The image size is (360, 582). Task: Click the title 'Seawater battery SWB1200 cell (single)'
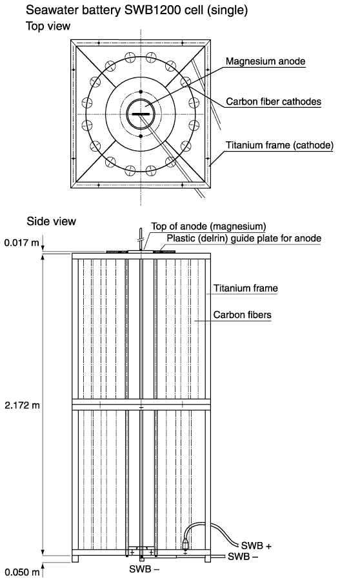coord(137,10)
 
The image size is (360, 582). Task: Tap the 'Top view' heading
coord(48,26)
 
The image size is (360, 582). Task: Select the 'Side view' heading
coord(51,221)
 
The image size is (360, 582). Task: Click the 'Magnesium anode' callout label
coord(265,61)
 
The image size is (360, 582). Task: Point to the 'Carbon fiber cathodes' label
coord(274,102)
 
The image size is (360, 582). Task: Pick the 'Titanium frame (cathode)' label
coord(279,145)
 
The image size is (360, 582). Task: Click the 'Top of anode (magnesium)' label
coord(208,226)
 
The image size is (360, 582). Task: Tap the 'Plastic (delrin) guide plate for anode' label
coord(244,238)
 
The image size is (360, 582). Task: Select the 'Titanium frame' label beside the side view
coord(245,288)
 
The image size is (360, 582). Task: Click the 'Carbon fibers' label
coord(242,315)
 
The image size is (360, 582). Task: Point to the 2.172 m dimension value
coord(22,405)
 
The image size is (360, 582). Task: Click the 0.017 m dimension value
coord(21,243)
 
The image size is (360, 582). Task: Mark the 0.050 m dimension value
coord(21,572)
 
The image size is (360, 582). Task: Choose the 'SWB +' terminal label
coord(256,546)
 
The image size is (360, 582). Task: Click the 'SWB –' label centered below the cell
coord(145,568)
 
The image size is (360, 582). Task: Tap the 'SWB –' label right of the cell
coord(243,556)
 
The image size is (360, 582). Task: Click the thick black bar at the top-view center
coord(141,114)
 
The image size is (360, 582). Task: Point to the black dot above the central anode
coord(141,92)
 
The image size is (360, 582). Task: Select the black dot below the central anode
coord(141,136)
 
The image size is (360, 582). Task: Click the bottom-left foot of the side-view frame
coord(75,559)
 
